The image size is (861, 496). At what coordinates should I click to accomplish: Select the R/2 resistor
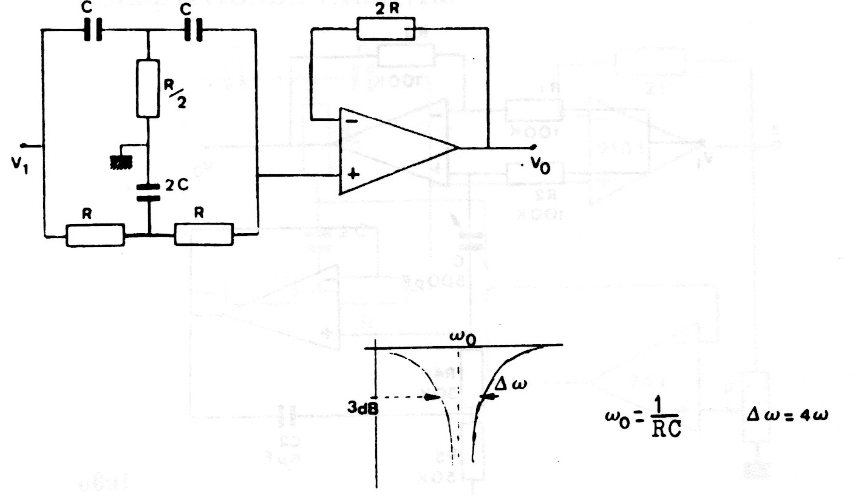tap(148, 88)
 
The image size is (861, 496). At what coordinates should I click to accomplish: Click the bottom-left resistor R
tap(95, 234)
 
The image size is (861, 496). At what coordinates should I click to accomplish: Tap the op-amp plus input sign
tap(353, 174)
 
